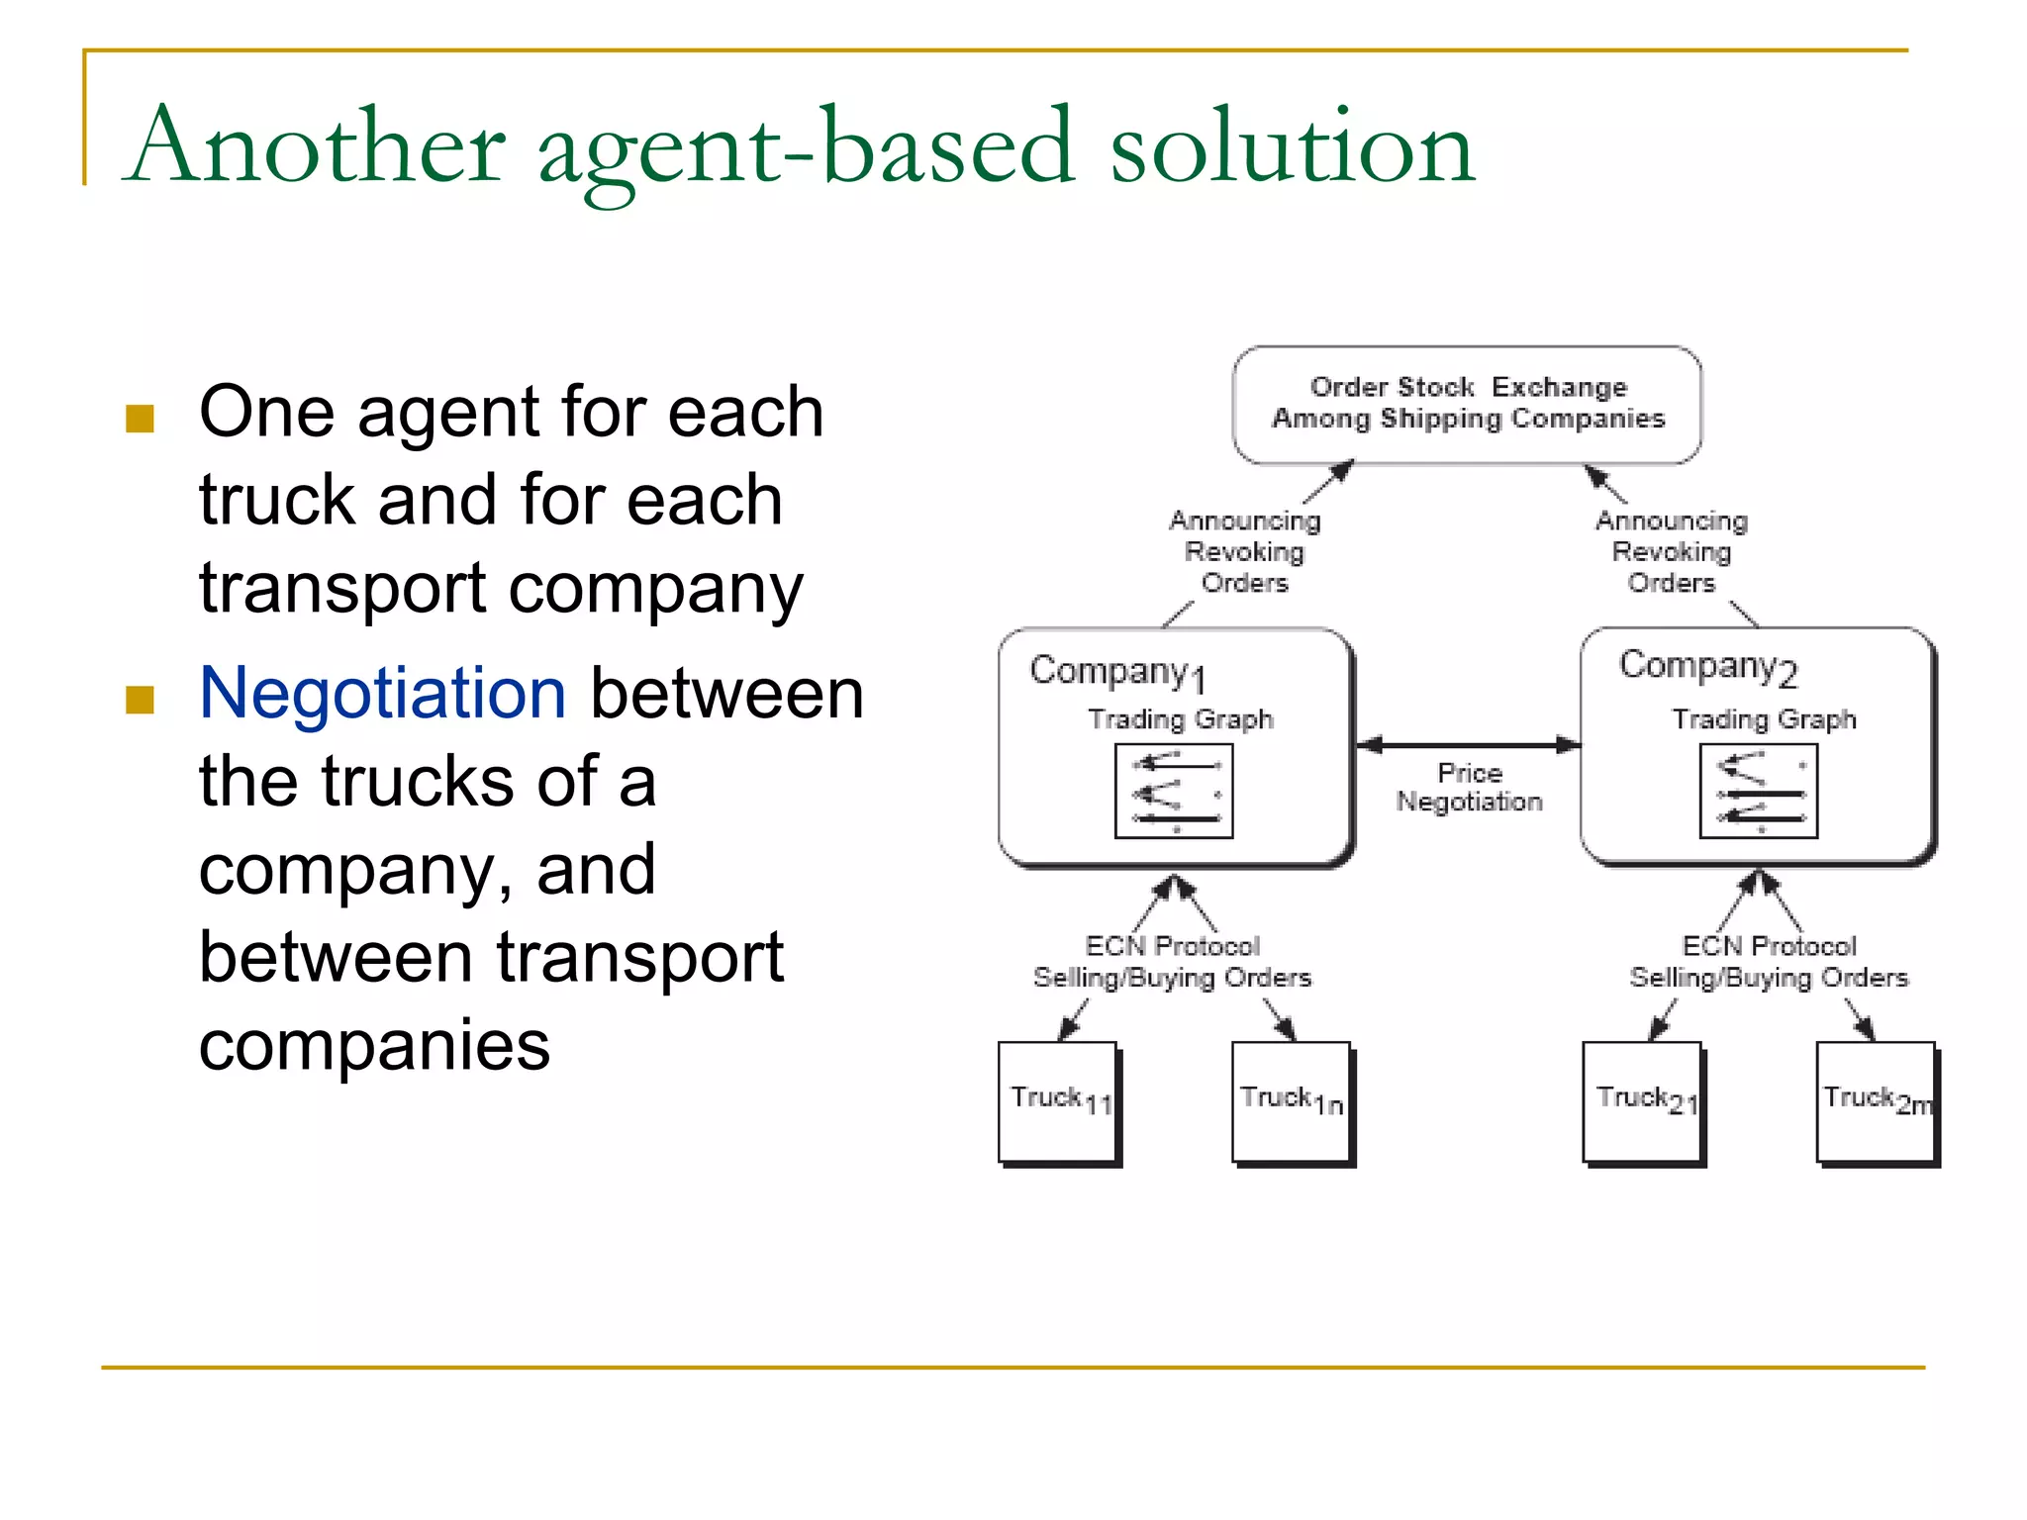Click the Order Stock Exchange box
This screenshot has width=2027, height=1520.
click(x=1467, y=404)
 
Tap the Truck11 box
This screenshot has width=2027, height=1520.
click(x=1058, y=1101)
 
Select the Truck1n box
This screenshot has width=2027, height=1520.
click(x=1291, y=1101)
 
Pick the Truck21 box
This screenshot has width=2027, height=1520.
click(x=1642, y=1101)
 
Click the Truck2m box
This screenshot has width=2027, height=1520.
click(x=1876, y=1101)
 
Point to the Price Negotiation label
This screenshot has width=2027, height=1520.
click(x=1469, y=788)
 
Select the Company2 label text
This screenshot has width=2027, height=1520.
click(x=1706, y=667)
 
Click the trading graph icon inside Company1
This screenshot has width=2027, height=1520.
click(x=1174, y=791)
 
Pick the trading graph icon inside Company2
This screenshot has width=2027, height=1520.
click(x=1758, y=791)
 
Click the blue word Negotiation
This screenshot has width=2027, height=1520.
click(x=382, y=693)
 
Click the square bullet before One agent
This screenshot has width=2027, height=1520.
click(x=140, y=419)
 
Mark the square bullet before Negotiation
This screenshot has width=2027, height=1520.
click(x=140, y=700)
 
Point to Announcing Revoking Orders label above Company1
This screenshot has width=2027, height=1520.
click(x=1244, y=551)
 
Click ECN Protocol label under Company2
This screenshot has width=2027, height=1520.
click(x=1769, y=947)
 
